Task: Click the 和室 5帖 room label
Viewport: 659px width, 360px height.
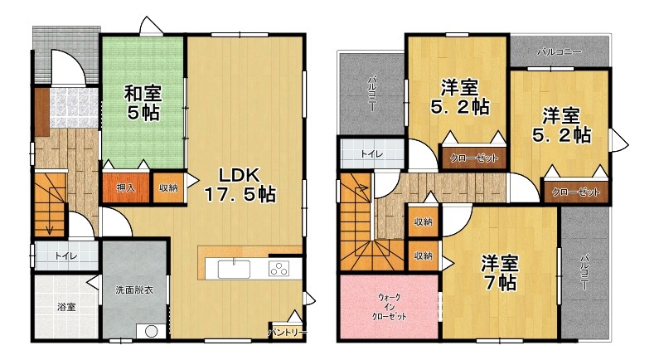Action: click(143, 103)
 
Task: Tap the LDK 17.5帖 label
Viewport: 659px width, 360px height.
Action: click(240, 185)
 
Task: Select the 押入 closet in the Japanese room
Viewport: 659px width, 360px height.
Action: click(126, 187)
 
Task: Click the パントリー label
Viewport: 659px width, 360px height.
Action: click(288, 333)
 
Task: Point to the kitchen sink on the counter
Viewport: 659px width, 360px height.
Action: click(234, 269)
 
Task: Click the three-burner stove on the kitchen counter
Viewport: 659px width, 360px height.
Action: click(279, 269)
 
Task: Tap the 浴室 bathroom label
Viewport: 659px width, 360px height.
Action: click(66, 307)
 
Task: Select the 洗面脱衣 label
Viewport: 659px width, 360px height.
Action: click(134, 289)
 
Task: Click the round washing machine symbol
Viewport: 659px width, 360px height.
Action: click(151, 332)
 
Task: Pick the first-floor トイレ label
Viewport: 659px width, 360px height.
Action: click(66, 255)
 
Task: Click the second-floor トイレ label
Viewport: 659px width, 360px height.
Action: click(372, 154)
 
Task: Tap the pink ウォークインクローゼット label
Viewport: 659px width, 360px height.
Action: click(389, 307)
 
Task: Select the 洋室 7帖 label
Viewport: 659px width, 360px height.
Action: click(500, 273)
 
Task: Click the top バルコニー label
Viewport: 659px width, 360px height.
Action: click(560, 52)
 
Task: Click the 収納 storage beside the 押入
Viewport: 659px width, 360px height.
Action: click(168, 187)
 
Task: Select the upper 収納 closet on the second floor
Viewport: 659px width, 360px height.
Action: click(423, 221)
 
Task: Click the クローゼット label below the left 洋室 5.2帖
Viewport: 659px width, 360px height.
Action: click(473, 158)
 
